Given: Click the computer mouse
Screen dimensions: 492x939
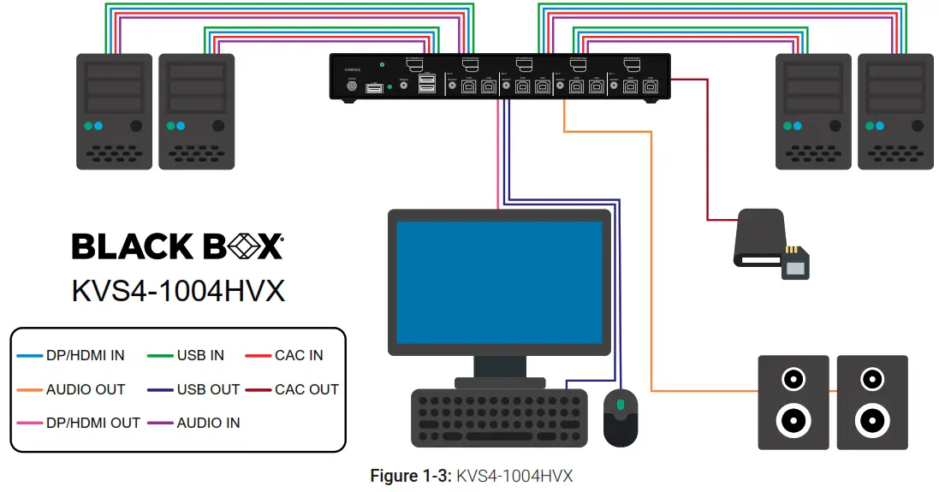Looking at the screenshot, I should pos(621,417).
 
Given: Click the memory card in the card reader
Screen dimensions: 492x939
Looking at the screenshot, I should pos(796,264).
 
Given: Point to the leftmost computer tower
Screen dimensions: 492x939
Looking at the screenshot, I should pos(112,111).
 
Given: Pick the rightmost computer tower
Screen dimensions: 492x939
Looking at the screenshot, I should pos(895,111).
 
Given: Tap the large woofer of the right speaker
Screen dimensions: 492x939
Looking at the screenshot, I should pos(871,420).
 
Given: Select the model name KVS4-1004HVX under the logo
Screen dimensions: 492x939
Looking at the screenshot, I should pos(178,292).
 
